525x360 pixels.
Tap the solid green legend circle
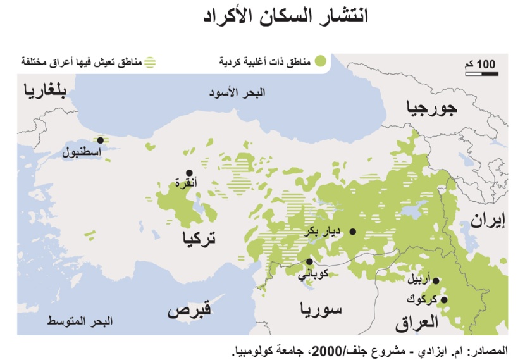321,61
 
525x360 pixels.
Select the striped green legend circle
150,63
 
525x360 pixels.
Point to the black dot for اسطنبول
100,140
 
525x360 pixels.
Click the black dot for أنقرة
188,173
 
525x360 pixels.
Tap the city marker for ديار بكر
353,232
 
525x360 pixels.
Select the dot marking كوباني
309,261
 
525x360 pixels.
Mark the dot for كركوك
444,300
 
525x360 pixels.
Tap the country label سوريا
321,309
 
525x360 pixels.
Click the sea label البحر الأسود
237,92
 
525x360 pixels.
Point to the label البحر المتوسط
80,321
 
